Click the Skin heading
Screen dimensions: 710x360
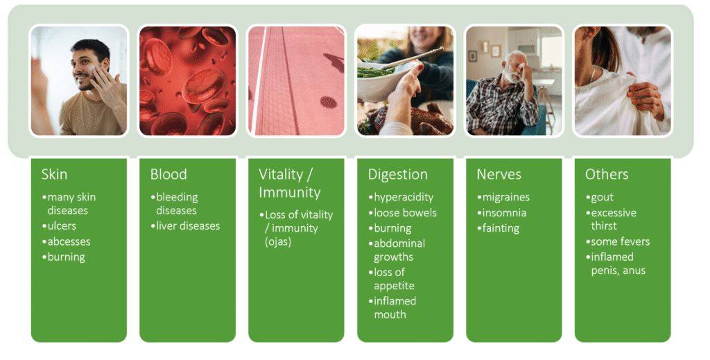click(x=54, y=174)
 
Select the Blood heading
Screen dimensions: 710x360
click(x=168, y=174)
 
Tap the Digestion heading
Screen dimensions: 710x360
click(x=397, y=175)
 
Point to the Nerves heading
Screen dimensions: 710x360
click(x=499, y=174)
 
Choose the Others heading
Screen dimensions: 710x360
click(x=607, y=174)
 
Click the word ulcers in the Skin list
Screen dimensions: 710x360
click(x=62, y=225)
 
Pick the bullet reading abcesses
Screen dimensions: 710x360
click(x=66, y=241)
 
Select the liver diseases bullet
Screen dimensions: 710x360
click(x=185, y=225)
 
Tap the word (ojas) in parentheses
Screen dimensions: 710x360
click(x=278, y=241)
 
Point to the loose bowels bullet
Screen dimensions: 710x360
click(x=403, y=212)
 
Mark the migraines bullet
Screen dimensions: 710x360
click(x=503, y=198)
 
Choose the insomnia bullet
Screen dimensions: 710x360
click(x=502, y=212)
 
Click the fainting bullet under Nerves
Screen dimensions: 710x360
click(x=498, y=228)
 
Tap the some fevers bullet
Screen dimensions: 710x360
click(x=618, y=241)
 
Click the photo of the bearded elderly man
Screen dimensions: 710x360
click(x=514, y=80)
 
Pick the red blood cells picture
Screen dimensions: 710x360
click(x=187, y=80)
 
